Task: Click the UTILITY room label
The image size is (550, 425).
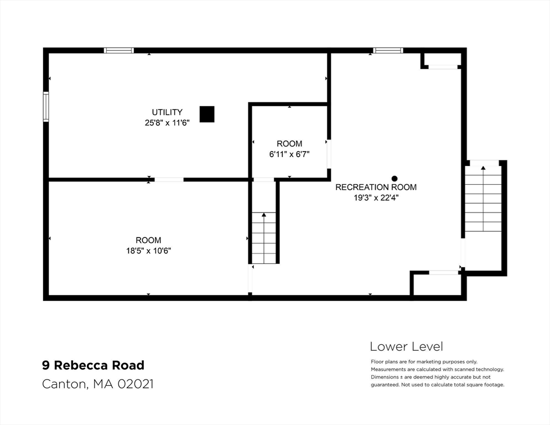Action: [x=167, y=112]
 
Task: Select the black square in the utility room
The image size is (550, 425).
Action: [x=207, y=114]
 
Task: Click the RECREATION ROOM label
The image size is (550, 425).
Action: [x=376, y=187]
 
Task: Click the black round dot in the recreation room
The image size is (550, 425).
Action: [x=395, y=178]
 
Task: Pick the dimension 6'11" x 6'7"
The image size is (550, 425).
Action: [x=289, y=154]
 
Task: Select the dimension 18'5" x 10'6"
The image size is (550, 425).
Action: [x=148, y=251]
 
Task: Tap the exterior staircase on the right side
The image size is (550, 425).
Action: [x=483, y=199]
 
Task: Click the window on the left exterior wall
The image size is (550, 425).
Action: [x=46, y=106]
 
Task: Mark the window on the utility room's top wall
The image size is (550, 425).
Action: [x=119, y=50]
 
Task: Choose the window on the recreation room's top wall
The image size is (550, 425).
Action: [x=388, y=50]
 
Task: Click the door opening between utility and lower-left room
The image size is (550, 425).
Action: [x=169, y=179]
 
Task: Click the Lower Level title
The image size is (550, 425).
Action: [x=406, y=347]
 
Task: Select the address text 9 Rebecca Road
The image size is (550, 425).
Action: [x=94, y=365]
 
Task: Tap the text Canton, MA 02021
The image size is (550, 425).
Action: [x=97, y=383]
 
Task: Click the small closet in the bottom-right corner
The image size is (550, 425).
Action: [x=437, y=284]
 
